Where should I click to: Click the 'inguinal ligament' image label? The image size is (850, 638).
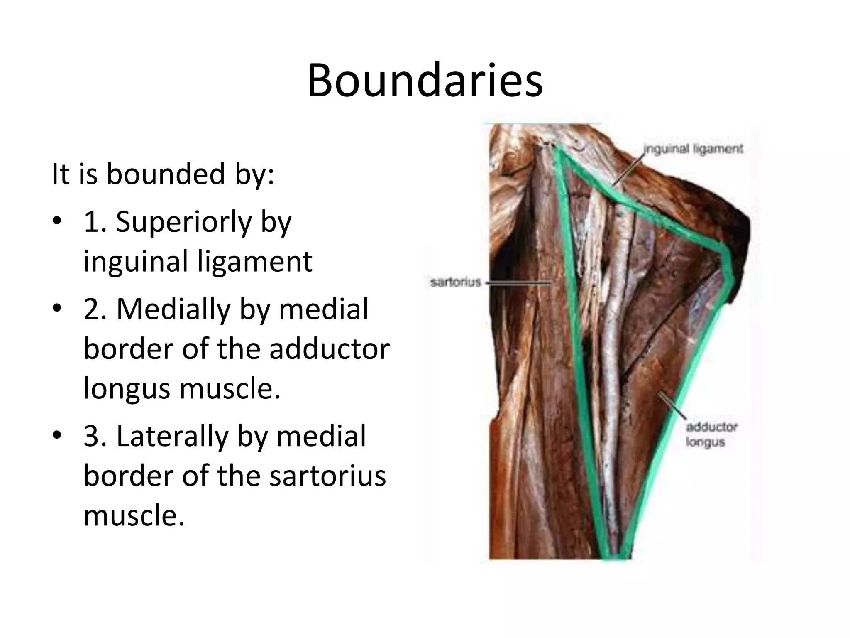tap(693, 149)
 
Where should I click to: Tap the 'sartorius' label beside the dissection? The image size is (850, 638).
tap(455, 282)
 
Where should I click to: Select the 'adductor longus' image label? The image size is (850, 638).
tap(711, 434)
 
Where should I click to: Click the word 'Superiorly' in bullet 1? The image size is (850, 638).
tap(183, 222)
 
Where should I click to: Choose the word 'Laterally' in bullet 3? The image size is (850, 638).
tap(172, 436)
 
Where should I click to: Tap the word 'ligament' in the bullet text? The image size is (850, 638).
tap(254, 261)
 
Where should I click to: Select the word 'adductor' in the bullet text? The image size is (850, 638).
tap(330, 349)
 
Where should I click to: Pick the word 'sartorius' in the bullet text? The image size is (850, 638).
tap(328, 476)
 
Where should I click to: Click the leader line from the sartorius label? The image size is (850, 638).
tap(519, 283)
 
